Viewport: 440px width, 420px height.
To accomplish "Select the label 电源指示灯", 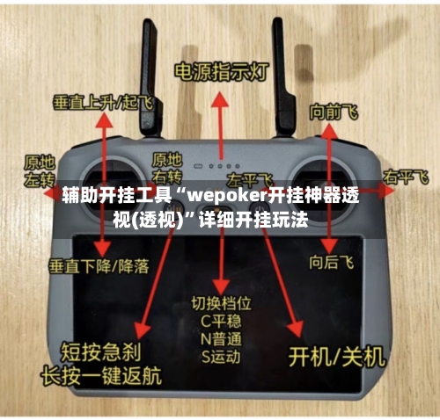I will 220,70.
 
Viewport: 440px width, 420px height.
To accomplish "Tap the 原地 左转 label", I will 39,170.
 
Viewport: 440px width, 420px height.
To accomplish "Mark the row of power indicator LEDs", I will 221,164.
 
